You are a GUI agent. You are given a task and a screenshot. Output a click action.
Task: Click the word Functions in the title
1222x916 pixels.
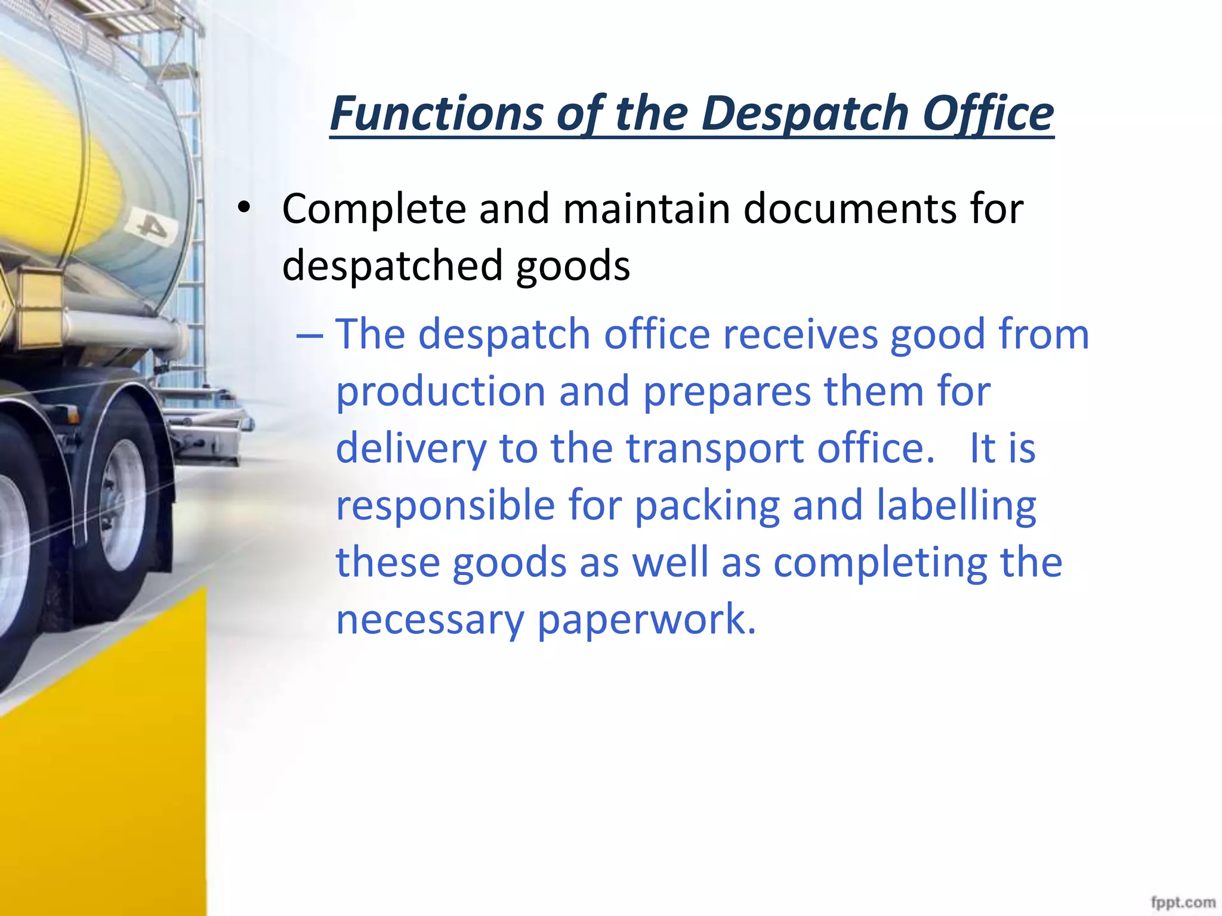(436, 113)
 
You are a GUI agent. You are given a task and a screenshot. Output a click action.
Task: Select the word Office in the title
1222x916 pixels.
(988, 113)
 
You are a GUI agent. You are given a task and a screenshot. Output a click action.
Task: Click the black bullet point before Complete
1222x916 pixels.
(243, 208)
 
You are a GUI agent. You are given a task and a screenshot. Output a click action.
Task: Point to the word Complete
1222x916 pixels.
(374, 209)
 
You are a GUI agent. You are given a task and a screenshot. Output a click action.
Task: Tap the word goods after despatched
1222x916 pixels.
(573, 266)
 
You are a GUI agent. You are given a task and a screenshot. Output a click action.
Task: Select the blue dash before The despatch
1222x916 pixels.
(309, 335)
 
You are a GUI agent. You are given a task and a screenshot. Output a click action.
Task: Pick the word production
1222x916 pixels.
(441, 392)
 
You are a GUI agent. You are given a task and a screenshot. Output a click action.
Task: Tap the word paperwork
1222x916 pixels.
(646, 620)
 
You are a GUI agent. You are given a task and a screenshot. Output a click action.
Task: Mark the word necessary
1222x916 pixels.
(430, 620)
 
